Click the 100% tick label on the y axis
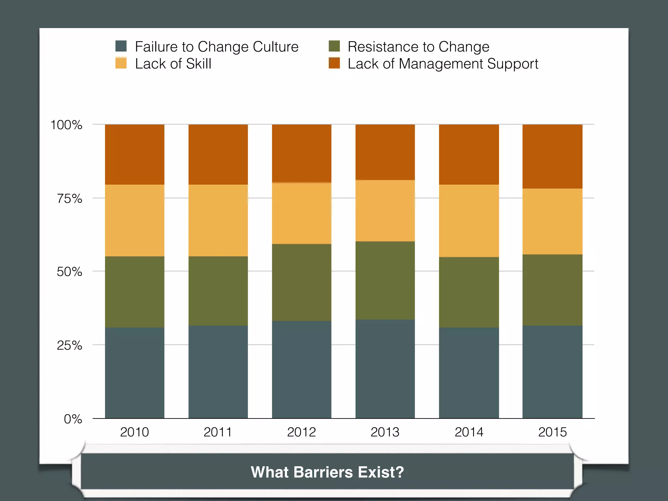[66, 125]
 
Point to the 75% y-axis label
[69, 199]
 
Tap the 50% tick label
[69, 272]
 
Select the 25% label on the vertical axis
[69, 345]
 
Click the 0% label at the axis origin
[73, 419]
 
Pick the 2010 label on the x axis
[134, 432]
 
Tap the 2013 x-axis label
[385, 432]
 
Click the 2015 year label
[553, 432]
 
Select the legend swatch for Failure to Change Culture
[121, 46]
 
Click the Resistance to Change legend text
[418, 47]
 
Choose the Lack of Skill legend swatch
[121, 63]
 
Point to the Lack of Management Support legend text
[443, 64]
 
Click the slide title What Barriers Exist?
[327, 472]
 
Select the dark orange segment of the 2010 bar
[134, 155]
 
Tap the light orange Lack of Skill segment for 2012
[302, 213]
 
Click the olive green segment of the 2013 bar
[385, 281]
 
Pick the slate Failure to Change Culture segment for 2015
[553, 372]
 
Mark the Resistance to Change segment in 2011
[218, 291]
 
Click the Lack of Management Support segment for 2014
[469, 155]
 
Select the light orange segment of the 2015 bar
[553, 221]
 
